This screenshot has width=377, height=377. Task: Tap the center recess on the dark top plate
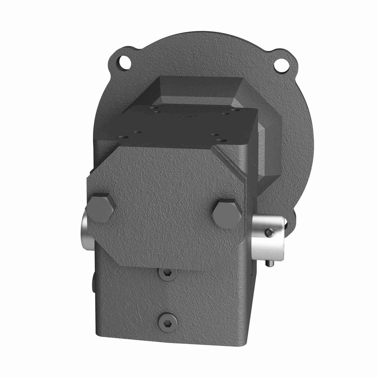[x=188, y=117]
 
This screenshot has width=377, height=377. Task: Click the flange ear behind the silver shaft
[x=291, y=220]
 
